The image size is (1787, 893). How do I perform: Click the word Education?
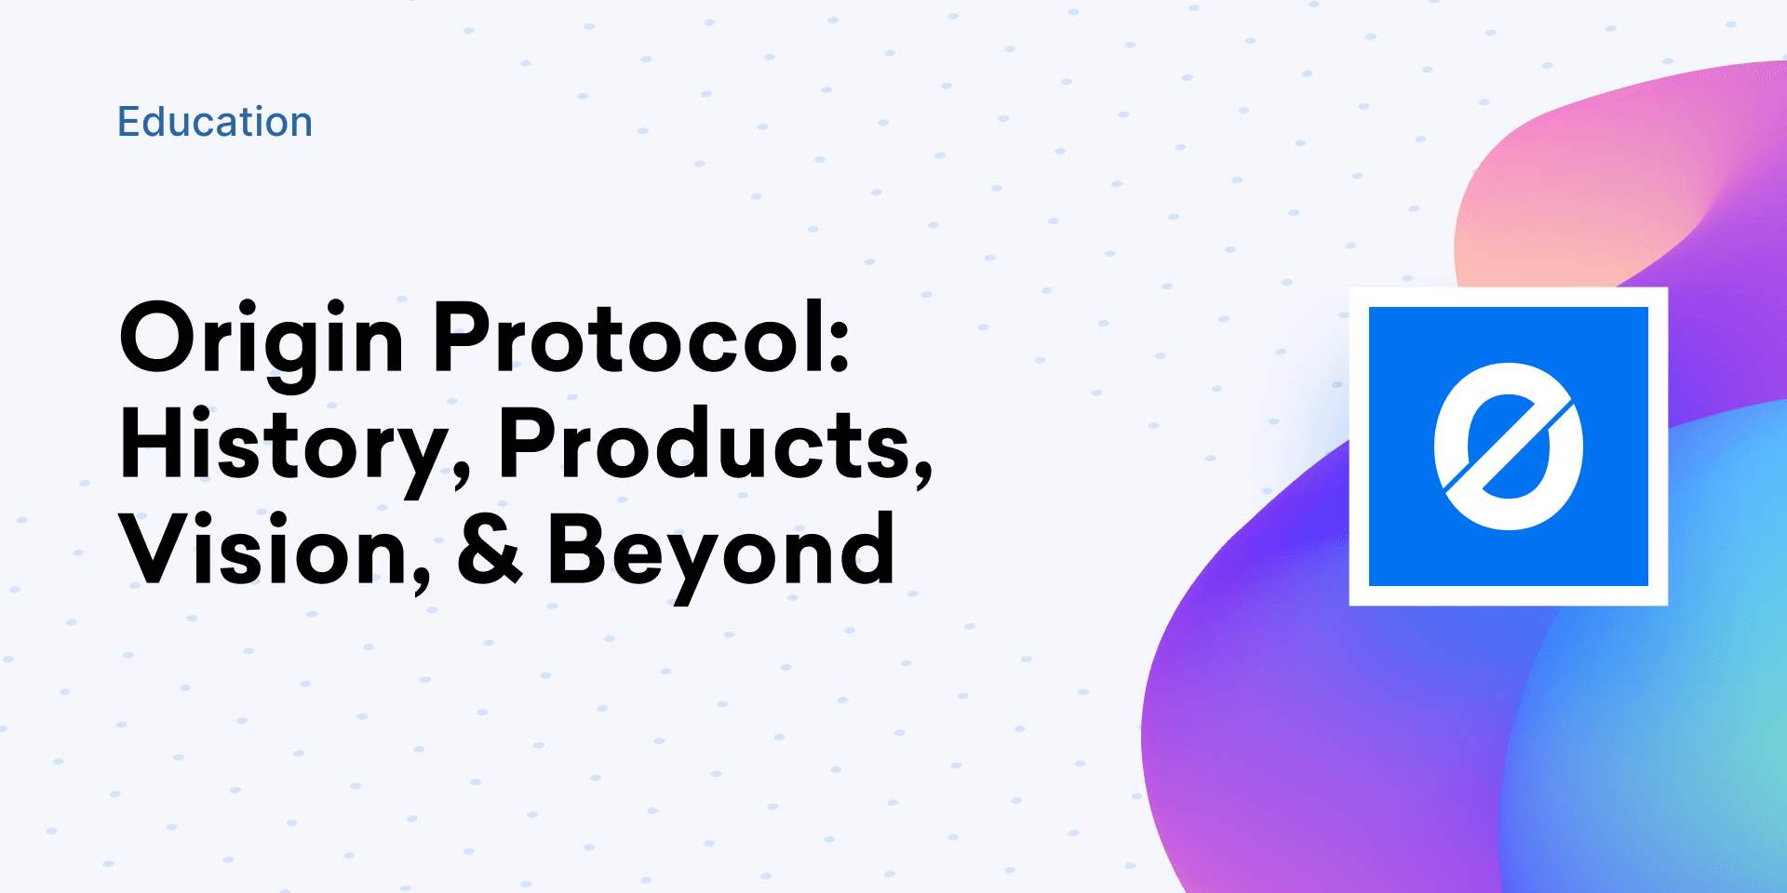pos(214,122)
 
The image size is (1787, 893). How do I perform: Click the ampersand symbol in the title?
pos(490,550)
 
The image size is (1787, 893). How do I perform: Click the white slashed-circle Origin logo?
pos(1508,446)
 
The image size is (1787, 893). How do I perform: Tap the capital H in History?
pos(155,444)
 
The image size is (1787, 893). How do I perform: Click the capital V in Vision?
pos(157,549)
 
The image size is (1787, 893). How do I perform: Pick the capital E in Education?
pos(128,122)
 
